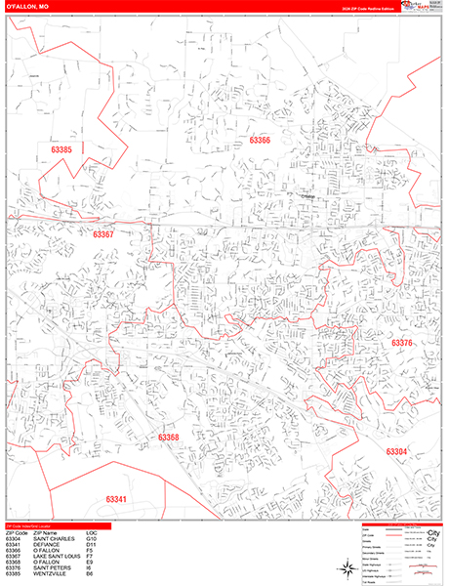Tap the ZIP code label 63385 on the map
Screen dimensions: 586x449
coord(61,149)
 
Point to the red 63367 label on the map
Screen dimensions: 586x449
coord(103,234)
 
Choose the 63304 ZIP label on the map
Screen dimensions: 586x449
coord(396,451)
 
